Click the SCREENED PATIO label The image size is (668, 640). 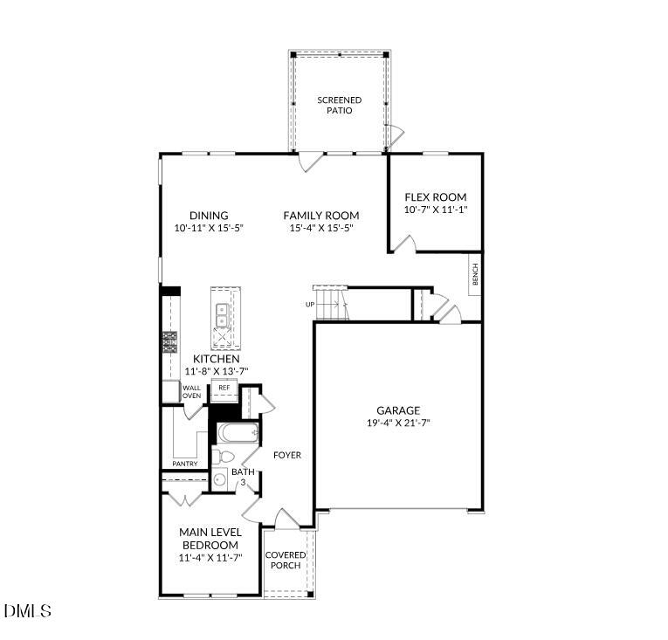(339, 106)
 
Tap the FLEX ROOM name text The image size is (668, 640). (435, 197)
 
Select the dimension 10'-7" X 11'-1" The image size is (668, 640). (435, 210)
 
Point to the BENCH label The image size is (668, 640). (475, 275)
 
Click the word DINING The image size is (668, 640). (209, 216)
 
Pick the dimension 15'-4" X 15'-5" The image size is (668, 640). (320, 229)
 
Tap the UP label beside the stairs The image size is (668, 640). (309, 305)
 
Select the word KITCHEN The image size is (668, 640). (217, 359)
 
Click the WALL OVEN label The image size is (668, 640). (191, 392)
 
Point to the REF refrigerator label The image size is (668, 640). (224, 388)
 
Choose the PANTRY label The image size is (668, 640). (184, 464)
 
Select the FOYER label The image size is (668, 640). (287, 455)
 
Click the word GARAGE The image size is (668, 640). (398, 410)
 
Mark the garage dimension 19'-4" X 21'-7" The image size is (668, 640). (398, 423)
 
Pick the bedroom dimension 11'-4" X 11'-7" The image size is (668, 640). (210, 557)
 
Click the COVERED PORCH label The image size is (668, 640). (286, 560)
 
